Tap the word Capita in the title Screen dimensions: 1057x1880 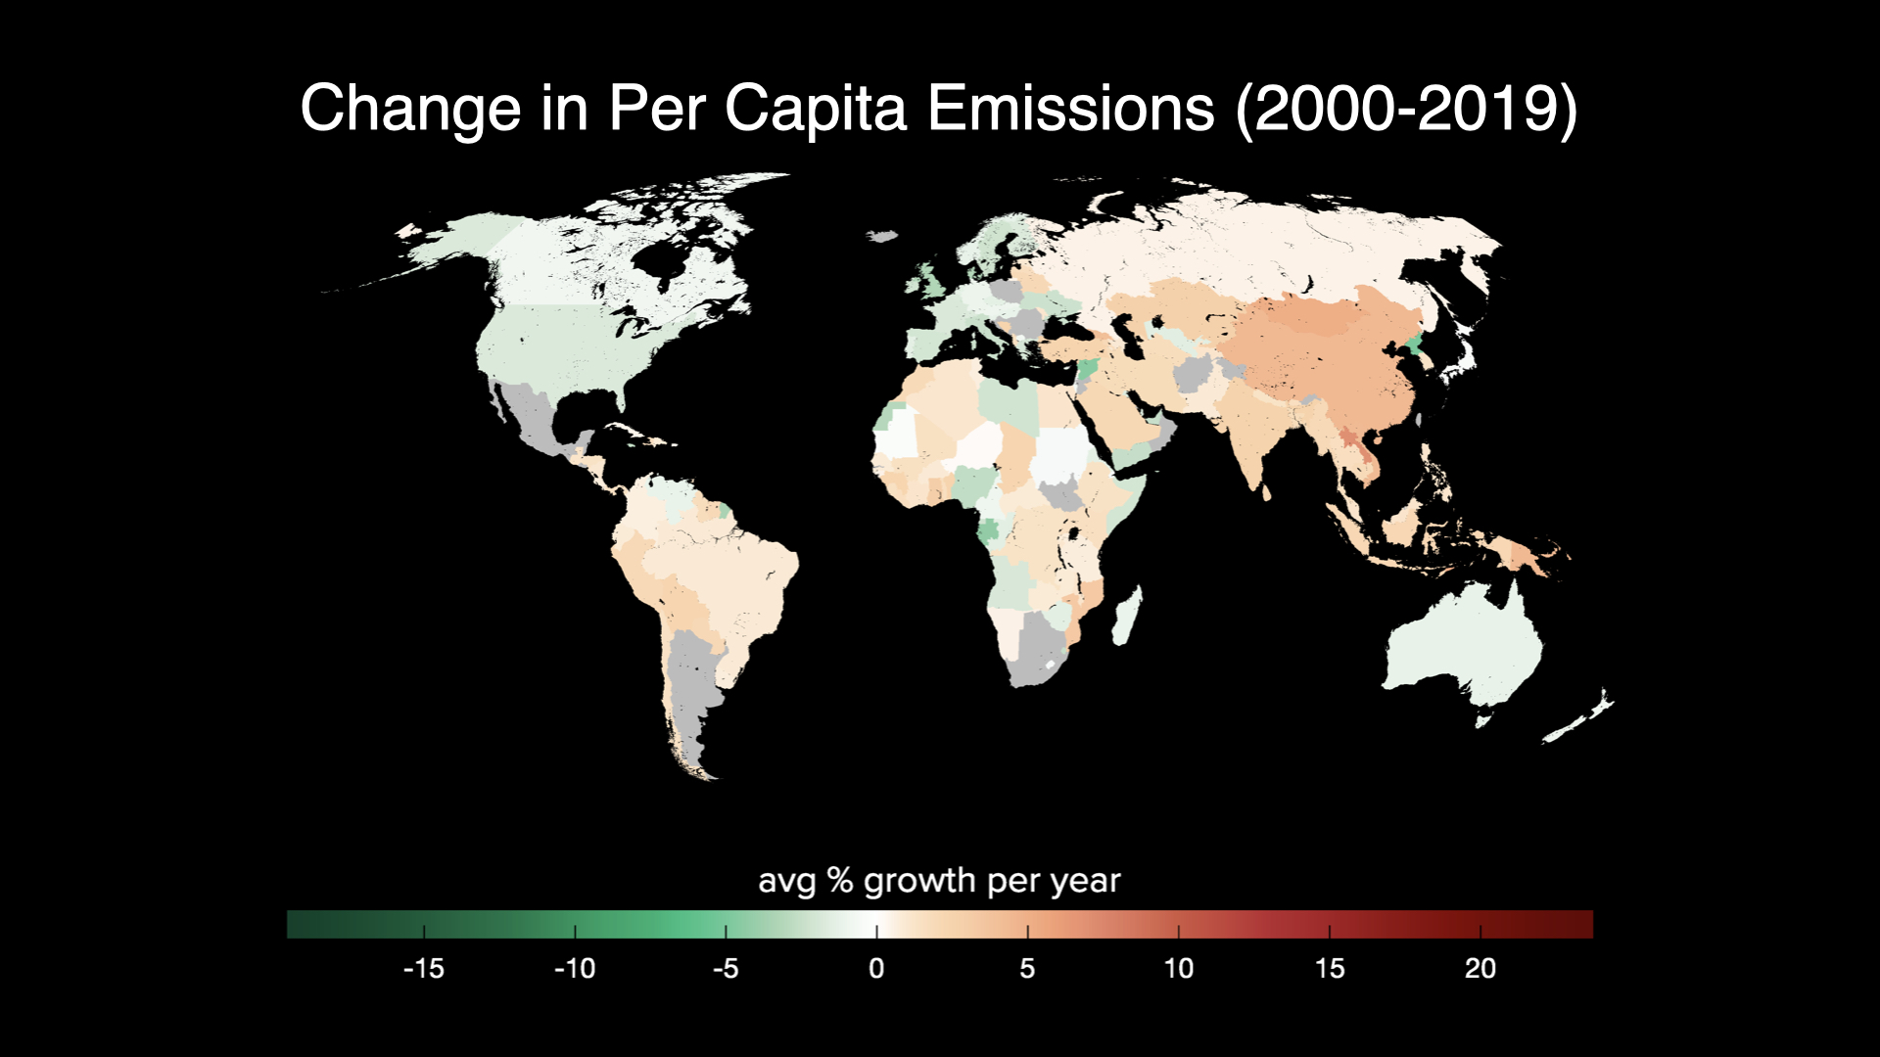(x=815, y=108)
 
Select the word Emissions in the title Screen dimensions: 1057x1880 (x=1070, y=108)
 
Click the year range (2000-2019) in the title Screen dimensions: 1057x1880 (x=1406, y=108)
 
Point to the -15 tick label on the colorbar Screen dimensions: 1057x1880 (x=424, y=969)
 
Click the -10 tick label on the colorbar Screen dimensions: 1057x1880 (x=575, y=969)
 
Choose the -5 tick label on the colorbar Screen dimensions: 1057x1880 (x=726, y=969)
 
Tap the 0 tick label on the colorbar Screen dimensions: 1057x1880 (x=876, y=969)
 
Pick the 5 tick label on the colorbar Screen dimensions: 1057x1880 (x=1027, y=969)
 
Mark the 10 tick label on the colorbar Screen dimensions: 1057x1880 (x=1178, y=969)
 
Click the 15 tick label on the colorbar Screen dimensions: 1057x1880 (x=1329, y=969)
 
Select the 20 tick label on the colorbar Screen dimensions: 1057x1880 (x=1480, y=969)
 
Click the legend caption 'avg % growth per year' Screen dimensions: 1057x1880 (x=939, y=881)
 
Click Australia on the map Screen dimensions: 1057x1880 (x=1464, y=646)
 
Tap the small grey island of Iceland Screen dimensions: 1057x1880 (x=883, y=236)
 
